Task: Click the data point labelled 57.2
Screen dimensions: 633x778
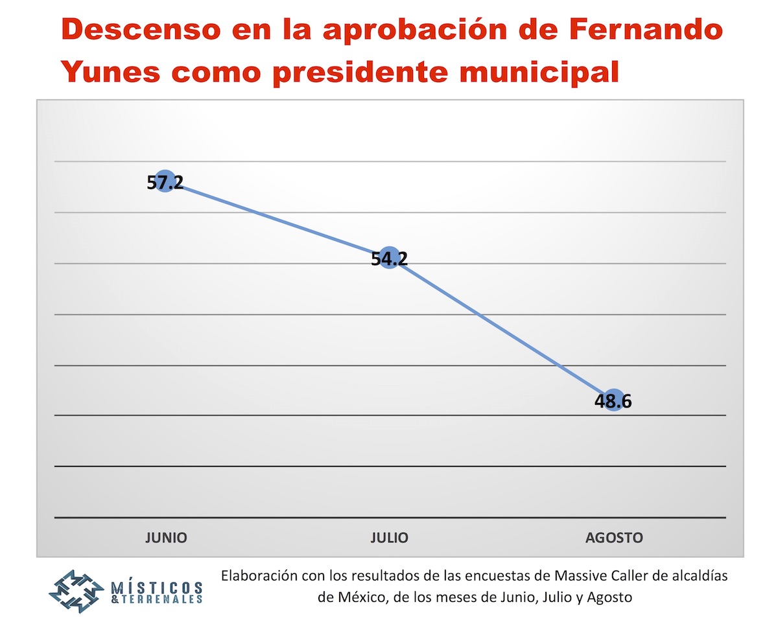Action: pos(165,182)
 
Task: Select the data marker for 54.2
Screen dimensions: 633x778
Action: pos(389,259)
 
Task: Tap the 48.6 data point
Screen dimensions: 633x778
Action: pos(613,401)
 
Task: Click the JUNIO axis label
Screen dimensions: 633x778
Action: pos(166,538)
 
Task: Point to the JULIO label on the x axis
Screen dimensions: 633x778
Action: pos(390,538)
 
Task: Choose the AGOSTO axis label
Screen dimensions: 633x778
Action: pos(614,538)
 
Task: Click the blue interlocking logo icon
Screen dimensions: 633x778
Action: pos(77,592)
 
